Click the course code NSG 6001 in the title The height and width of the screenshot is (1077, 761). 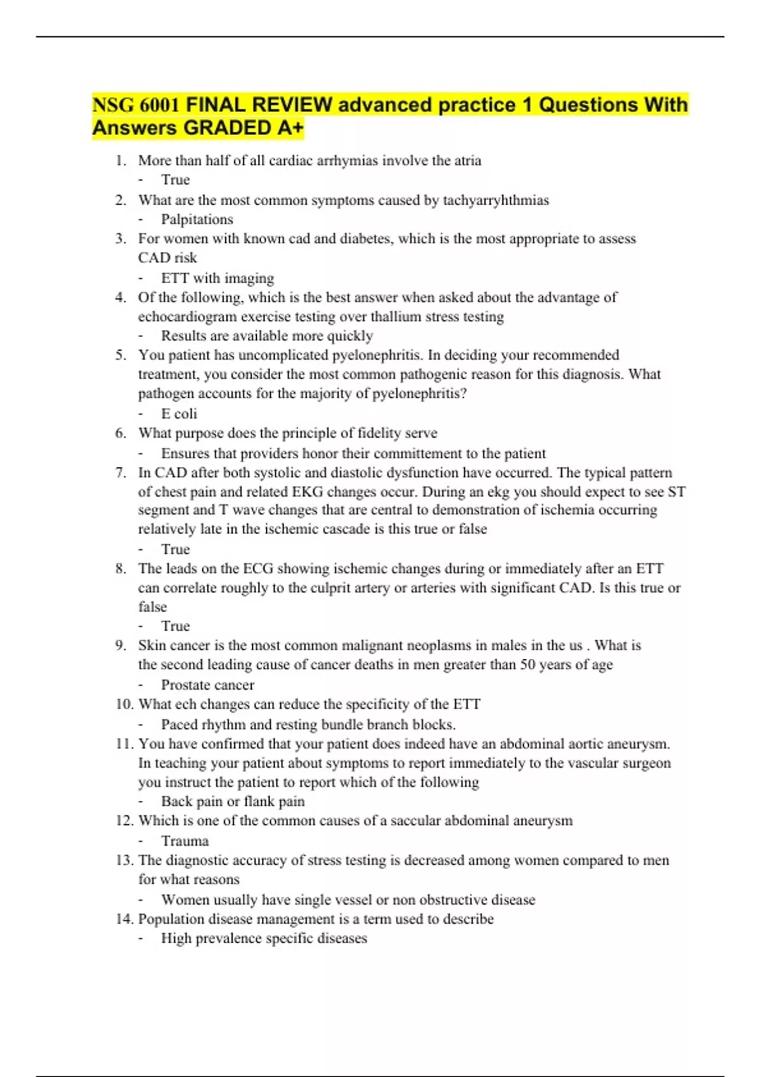[136, 105]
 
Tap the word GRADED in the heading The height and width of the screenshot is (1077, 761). [227, 128]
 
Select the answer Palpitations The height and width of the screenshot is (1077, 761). [197, 219]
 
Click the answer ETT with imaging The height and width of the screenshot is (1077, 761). [218, 278]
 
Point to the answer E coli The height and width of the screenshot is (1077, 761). [179, 414]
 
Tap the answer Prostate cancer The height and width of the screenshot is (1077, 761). [207, 685]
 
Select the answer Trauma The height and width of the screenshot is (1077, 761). [185, 841]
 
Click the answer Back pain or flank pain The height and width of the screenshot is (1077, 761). [233, 801]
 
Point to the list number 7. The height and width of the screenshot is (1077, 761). [120, 473]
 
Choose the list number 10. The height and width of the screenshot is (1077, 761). [124, 704]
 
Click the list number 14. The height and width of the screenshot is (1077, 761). [124, 919]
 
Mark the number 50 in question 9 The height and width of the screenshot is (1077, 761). [528, 665]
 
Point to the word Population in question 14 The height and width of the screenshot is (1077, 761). [168, 919]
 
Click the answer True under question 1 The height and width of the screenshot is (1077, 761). [175, 180]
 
